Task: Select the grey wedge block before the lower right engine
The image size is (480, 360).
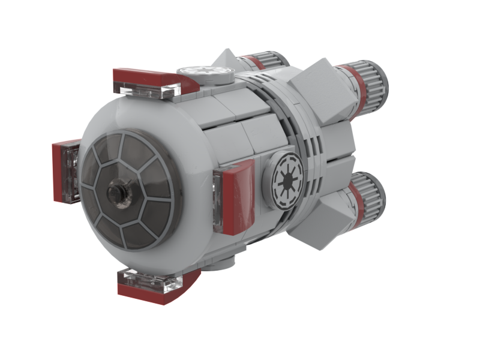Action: click(x=324, y=210)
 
